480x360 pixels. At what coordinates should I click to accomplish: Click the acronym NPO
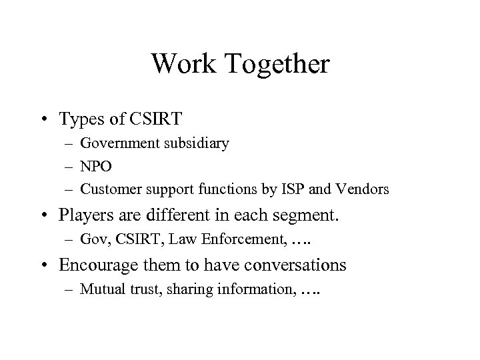(x=95, y=165)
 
